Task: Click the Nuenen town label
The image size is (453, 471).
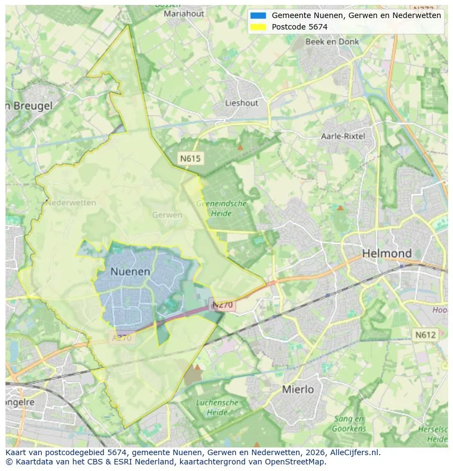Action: [130, 271]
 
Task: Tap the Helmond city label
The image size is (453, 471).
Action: [387, 253]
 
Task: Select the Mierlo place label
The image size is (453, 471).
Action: [298, 389]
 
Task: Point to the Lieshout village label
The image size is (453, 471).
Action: [241, 103]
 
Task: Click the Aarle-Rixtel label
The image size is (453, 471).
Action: [343, 136]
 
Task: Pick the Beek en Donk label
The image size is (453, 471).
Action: [332, 42]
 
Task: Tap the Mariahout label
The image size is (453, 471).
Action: [184, 13]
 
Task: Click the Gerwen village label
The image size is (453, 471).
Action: [167, 215]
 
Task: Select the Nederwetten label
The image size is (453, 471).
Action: [71, 203]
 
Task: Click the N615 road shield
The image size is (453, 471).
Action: [190, 159]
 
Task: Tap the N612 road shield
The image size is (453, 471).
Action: [425, 335]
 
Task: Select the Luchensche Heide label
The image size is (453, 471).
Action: [217, 407]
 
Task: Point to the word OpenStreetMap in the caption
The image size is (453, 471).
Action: [294, 462]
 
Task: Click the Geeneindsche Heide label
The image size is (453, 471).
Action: [222, 208]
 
